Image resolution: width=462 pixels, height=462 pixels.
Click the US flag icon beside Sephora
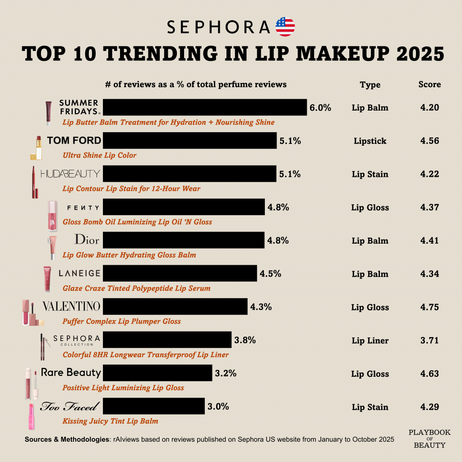tap(285, 27)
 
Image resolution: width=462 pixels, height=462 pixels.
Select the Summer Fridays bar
tap(205, 107)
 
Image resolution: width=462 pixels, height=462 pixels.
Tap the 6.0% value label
tap(320, 108)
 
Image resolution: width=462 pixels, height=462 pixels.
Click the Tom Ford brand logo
tap(74, 140)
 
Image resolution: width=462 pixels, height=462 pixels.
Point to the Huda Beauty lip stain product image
tap(34, 182)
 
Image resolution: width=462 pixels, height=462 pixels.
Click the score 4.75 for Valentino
tap(430, 307)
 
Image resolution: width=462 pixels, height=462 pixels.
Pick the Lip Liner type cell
tap(370, 341)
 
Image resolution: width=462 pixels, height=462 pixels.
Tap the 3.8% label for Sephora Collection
tap(245, 341)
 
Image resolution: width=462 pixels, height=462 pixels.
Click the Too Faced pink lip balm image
tap(32, 416)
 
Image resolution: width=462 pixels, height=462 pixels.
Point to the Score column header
tap(430, 84)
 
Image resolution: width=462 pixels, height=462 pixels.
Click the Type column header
tap(370, 85)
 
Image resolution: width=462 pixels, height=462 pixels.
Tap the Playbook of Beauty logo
tap(430, 439)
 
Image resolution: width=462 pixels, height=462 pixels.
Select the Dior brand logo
tap(87, 239)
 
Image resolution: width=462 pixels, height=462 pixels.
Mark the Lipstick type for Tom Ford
tap(370, 141)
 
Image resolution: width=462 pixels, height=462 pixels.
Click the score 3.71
tap(430, 341)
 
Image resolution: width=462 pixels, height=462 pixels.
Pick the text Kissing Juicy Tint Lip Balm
tap(111, 421)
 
